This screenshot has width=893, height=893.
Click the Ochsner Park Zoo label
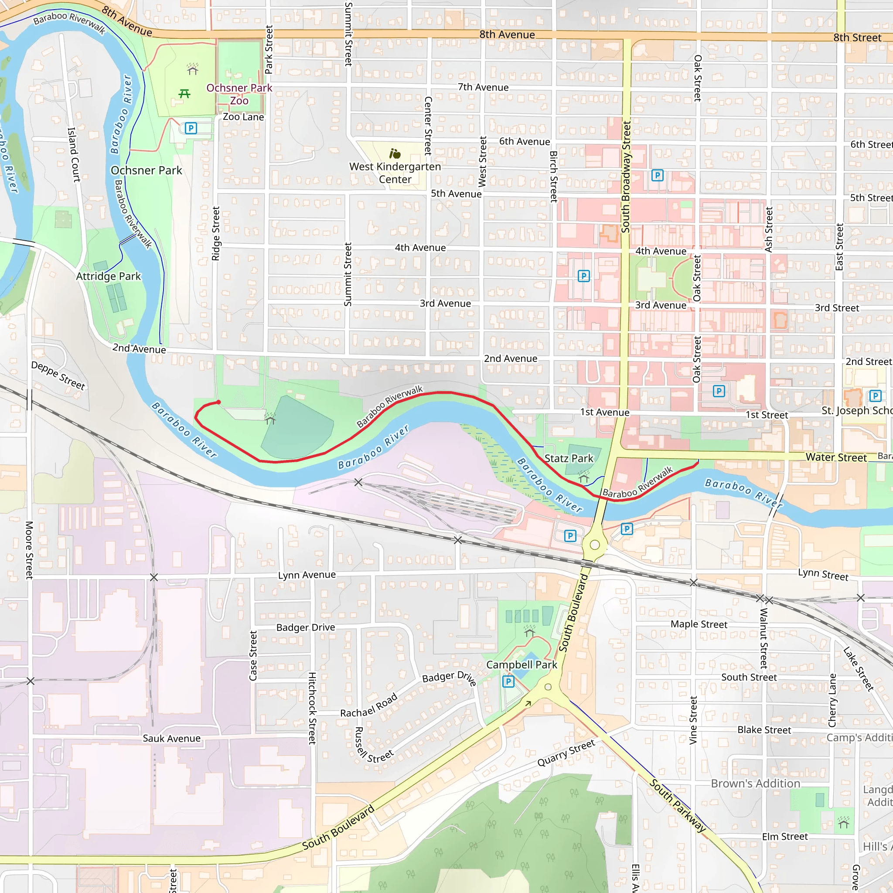pos(239,94)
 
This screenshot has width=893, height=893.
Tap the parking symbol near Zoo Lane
pos(191,128)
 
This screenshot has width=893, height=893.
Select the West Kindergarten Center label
pos(395,172)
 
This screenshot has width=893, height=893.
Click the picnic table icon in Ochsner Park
pos(184,94)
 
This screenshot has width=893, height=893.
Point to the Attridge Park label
pos(108,276)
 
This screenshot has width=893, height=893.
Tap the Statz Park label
pos(569,458)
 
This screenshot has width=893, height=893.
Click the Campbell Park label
pos(521,665)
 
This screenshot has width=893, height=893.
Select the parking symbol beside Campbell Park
pos(508,682)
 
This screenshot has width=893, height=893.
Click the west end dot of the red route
pos(218,402)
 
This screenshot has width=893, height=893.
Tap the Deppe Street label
pos(58,375)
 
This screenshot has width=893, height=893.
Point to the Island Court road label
pos(74,154)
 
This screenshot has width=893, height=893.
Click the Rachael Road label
pos(369,705)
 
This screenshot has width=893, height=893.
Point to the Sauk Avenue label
pos(171,738)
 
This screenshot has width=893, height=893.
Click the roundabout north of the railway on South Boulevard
pos(595,545)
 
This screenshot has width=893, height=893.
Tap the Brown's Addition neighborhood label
pos(755,784)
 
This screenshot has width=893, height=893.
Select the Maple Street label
pos(699,624)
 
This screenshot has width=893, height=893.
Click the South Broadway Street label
pos(626,177)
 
